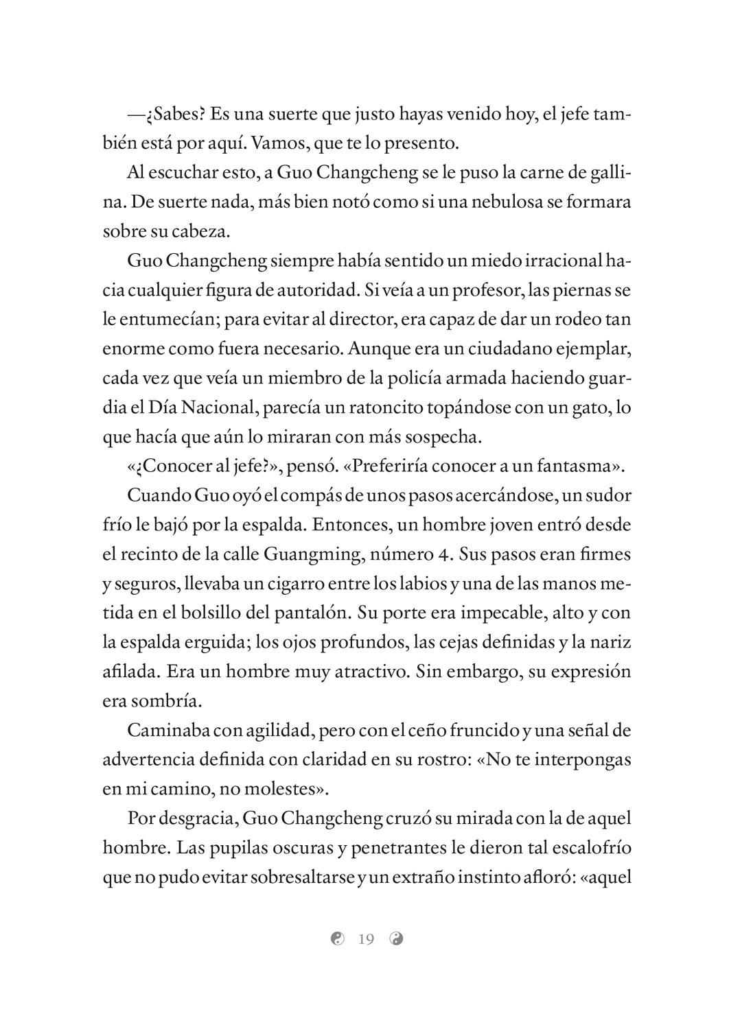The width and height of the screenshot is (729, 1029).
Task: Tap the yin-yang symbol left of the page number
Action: (x=336, y=938)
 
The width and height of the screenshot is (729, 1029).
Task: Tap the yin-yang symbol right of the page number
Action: (x=396, y=938)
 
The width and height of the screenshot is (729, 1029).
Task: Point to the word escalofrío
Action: (x=581, y=848)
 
